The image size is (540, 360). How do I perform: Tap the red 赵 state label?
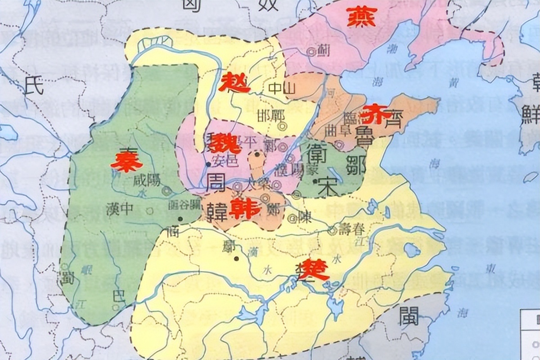click(235, 83)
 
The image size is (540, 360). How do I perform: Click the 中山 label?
click(281, 89)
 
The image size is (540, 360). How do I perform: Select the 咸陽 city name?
click(145, 182)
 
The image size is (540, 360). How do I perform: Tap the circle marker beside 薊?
click(310, 52)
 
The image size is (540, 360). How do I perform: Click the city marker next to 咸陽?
click(167, 191)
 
